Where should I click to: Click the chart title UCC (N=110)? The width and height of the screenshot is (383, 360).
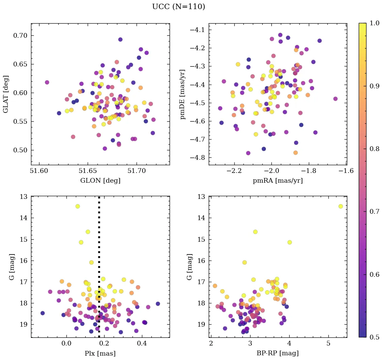(x=178, y=7)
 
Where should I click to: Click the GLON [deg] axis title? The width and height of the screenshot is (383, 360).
(x=100, y=181)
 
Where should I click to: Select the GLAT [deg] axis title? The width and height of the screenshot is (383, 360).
(x=6, y=94)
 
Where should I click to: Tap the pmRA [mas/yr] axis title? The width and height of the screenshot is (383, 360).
(x=278, y=181)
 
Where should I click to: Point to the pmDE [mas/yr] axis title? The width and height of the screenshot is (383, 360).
(x=183, y=94)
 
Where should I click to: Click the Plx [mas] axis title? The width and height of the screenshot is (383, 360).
(x=100, y=353)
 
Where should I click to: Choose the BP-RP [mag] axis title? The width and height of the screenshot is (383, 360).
(x=278, y=353)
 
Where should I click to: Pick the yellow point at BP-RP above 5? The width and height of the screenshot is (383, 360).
(x=341, y=206)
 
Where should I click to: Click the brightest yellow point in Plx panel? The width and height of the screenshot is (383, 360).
(x=78, y=206)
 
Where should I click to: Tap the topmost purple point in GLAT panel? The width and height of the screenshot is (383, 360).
(x=120, y=39)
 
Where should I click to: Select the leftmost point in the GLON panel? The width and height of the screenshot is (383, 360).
(x=47, y=82)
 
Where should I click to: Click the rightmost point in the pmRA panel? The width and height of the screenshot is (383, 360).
(x=335, y=99)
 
